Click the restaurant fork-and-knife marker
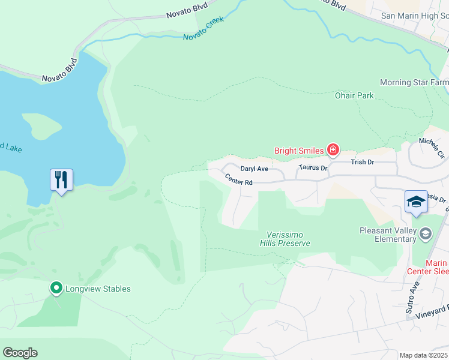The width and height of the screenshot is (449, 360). (61, 179)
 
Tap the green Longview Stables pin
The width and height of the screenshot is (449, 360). (56, 289)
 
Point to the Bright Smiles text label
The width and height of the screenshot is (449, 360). (299, 151)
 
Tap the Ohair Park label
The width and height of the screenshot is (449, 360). (354, 95)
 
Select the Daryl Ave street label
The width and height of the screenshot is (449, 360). (254, 169)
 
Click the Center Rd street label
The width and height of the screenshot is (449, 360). (239, 179)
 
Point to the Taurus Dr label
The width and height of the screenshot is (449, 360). (313, 169)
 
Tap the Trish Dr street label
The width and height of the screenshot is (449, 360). (362, 162)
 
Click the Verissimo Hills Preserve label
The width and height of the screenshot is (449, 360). (285, 239)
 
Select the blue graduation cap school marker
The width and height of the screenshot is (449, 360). (416, 202)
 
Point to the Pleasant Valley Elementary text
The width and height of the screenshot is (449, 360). (388, 235)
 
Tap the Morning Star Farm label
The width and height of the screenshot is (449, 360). (414, 82)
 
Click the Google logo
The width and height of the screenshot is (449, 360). (20, 353)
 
